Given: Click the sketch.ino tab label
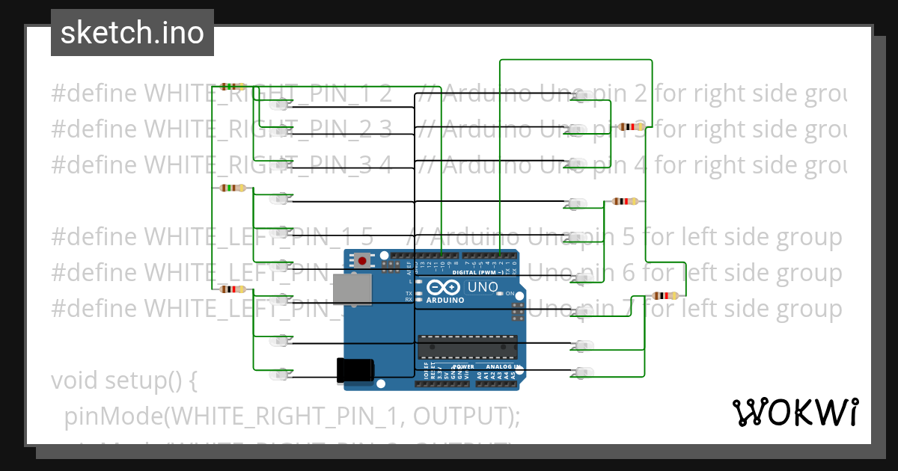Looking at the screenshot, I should point(132,33).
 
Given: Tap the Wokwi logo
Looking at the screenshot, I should point(795,412).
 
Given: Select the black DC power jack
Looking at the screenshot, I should point(355,370).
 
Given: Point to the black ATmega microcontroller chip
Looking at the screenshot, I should point(467,346).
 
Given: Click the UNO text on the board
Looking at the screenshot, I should point(483,287).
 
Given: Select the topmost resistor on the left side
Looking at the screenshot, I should point(233,87).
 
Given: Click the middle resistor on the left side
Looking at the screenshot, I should point(233,188).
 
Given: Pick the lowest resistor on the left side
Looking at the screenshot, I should point(233,289).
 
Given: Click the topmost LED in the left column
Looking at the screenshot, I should point(283,104).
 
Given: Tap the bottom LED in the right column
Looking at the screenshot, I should point(581,372).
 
